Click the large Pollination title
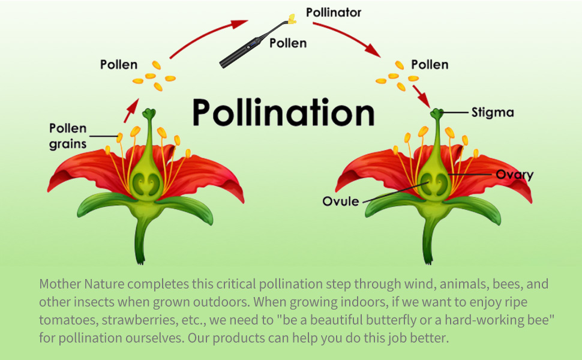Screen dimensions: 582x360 283,112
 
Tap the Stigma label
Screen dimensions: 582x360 493,112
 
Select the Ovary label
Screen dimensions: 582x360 514,175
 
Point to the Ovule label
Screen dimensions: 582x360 340,201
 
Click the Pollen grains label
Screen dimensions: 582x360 68,136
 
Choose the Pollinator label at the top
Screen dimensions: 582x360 334,13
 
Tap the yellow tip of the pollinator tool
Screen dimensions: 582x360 292,18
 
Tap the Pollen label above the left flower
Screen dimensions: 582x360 118,64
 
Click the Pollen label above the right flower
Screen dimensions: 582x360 430,64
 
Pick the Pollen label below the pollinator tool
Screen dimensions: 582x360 288,43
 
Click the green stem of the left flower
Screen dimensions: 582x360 141,240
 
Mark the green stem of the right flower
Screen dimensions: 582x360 429,240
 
